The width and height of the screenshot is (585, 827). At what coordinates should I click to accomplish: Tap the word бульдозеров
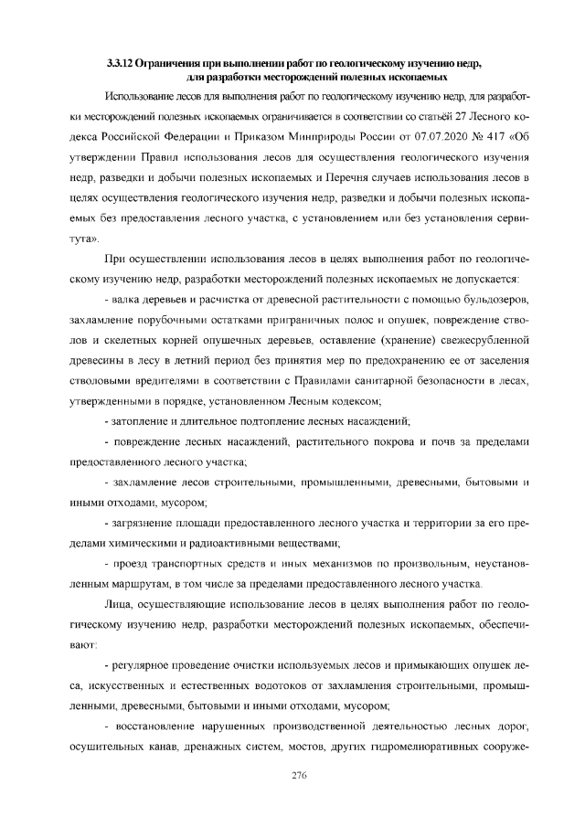[x=495, y=300]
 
